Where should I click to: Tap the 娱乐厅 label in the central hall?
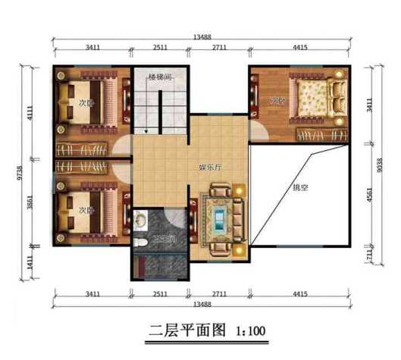(x=210, y=167)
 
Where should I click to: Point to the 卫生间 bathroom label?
(x=164, y=239)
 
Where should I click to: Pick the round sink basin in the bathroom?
(x=140, y=221)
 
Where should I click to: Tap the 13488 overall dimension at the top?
(x=202, y=34)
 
